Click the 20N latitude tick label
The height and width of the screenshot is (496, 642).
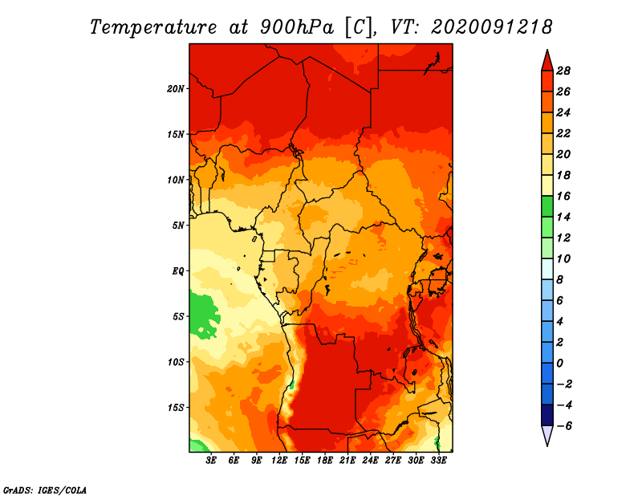point(176,88)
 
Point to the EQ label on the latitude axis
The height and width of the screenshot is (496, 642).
point(178,270)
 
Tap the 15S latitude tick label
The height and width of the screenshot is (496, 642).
point(176,408)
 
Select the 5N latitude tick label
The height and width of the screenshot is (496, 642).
point(177,226)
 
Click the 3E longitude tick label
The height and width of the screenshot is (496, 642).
point(212,461)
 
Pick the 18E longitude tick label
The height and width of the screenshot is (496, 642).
point(325,461)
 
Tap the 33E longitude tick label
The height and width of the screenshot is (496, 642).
point(438,461)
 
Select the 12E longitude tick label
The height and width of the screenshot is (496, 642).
point(280,461)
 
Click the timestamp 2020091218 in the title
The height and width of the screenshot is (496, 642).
point(491,27)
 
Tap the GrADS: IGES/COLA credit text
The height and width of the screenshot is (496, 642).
point(44,489)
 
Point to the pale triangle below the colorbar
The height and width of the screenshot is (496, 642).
point(547,436)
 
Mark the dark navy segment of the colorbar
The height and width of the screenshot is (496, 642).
point(547,415)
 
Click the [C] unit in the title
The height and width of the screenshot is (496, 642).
point(360,27)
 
